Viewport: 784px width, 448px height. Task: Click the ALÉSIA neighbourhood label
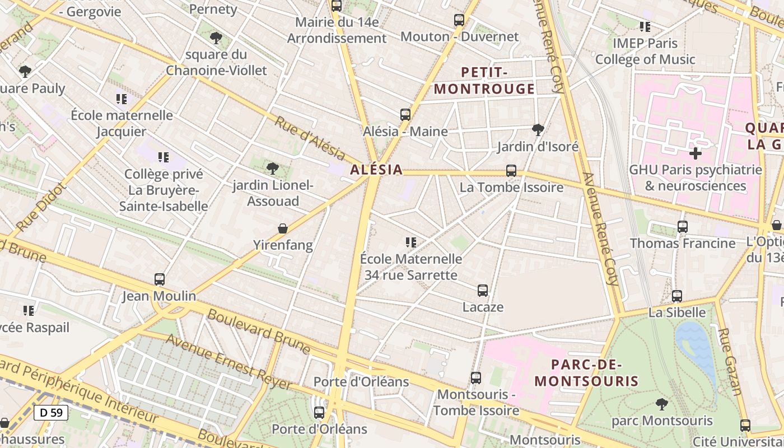[376, 170]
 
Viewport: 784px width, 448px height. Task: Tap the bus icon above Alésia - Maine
[405, 115]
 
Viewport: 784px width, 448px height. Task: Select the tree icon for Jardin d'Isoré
[538, 130]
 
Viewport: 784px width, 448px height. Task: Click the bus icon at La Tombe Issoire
[511, 171]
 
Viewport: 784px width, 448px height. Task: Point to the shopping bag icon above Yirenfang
[283, 228]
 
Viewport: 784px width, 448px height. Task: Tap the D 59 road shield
[51, 413]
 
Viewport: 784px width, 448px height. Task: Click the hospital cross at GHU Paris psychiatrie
[695, 153]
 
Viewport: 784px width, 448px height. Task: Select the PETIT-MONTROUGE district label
[484, 81]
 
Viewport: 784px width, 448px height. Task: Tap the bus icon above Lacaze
[483, 290]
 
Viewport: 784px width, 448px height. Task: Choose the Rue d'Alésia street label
[309, 137]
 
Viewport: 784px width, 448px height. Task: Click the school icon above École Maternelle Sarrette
[411, 242]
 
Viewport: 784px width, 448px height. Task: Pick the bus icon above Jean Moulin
[160, 279]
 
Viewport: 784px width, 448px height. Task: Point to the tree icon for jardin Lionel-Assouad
[273, 168]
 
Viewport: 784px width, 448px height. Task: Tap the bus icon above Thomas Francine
[682, 227]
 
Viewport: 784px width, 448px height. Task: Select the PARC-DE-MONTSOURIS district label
[586, 373]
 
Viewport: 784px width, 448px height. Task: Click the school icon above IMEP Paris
[645, 26]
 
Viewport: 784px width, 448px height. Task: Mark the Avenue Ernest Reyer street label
[228, 362]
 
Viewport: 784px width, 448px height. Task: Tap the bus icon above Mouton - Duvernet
[459, 20]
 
